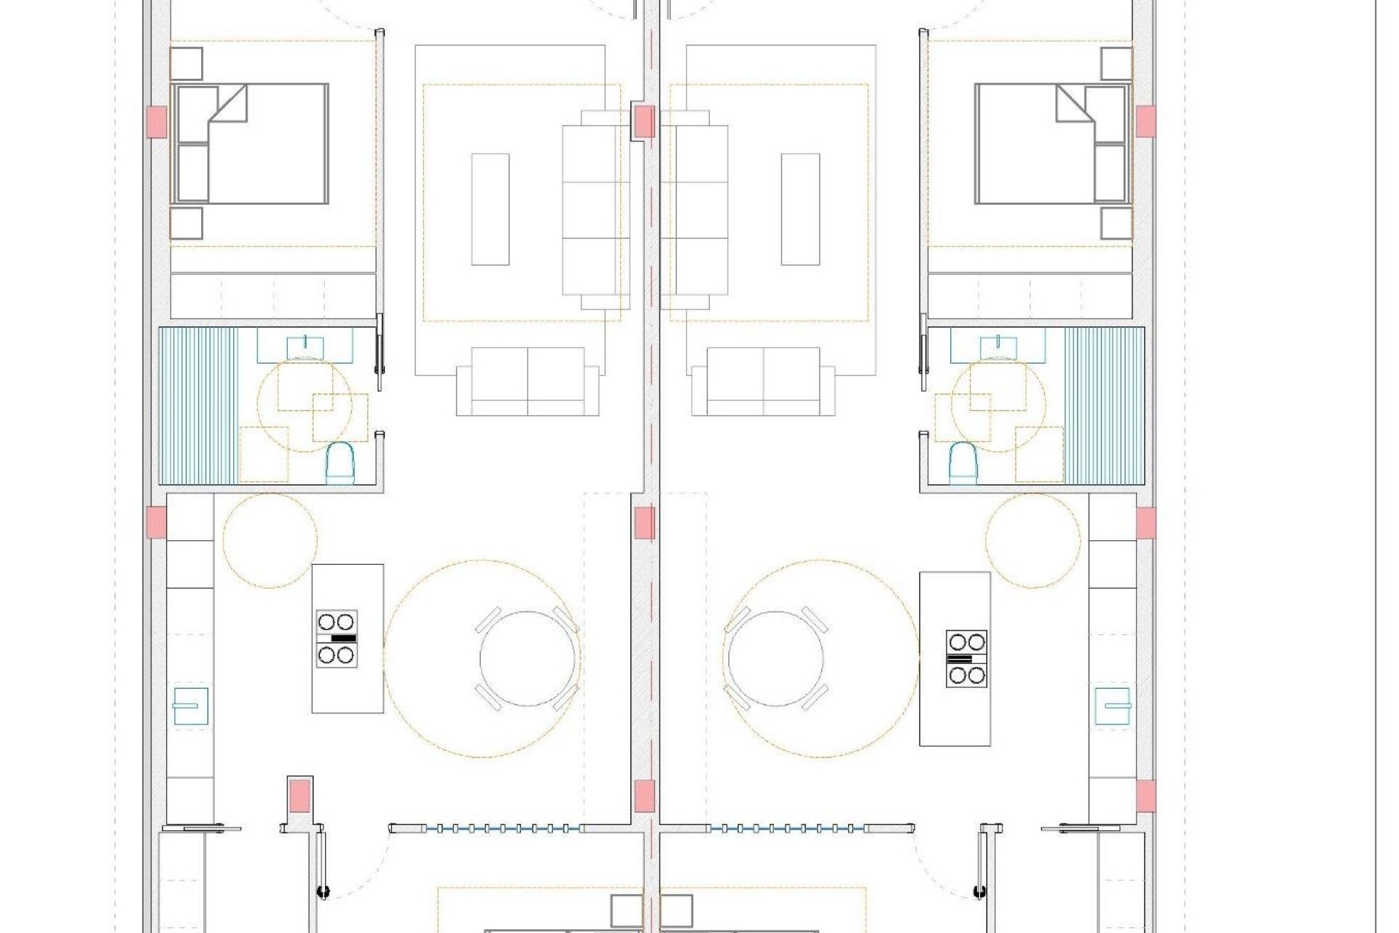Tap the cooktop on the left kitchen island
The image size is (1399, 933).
tap(337, 639)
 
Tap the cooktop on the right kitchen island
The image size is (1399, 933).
tap(966, 659)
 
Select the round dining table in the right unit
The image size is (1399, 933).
tap(776, 658)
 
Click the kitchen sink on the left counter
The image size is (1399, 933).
tap(190, 706)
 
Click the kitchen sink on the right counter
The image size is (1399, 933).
tap(1113, 706)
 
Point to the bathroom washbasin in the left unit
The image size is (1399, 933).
tap(305, 347)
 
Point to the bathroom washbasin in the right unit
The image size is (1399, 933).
tap(998, 347)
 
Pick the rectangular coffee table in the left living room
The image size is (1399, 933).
tap(490, 209)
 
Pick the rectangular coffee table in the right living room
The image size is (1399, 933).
tap(800, 209)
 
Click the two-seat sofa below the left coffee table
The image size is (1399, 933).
tap(528, 381)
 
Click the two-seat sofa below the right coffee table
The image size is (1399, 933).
tap(763, 381)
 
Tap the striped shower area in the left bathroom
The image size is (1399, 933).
tap(198, 406)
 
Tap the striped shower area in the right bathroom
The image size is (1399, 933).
tap(1104, 406)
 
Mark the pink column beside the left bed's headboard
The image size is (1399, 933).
tap(157, 122)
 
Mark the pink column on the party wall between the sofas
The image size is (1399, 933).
tap(644, 121)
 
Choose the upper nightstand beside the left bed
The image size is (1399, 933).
tap(186, 63)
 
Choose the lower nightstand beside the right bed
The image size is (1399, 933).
tap(1116, 224)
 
